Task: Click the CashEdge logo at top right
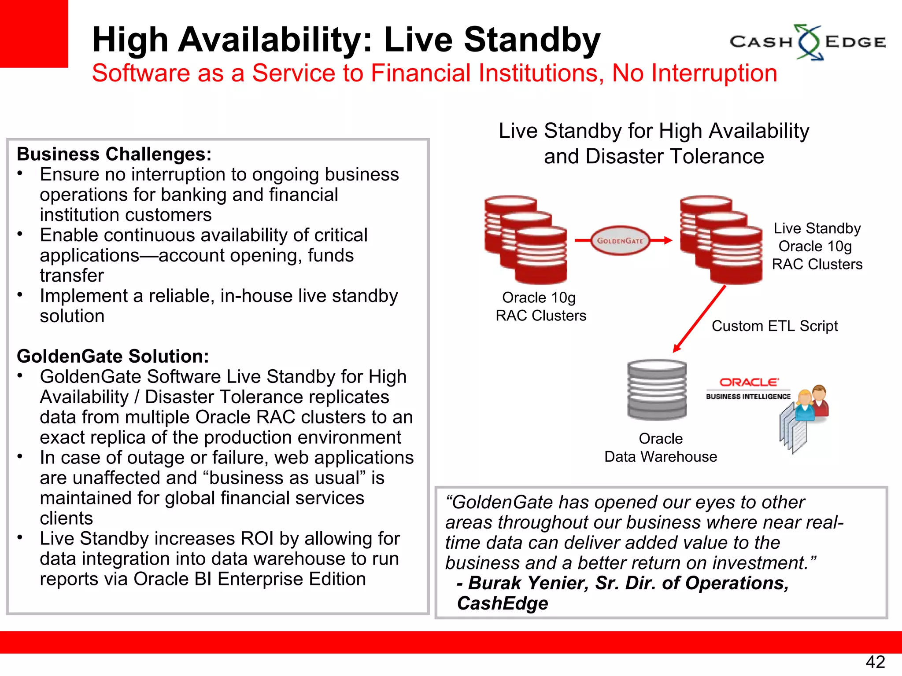[x=808, y=42]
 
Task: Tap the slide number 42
[x=875, y=662]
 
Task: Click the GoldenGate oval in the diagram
[x=620, y=240]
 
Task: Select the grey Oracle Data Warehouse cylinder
[x=657, y=389]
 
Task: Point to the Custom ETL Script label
[x=774, y=326]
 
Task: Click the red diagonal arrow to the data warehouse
[x=699, y=319]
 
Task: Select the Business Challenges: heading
[x=114, y=154]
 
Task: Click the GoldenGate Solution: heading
[x=113, y=356]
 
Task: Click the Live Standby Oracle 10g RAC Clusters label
[x=817, y=246]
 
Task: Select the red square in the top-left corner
[x=33, y=33]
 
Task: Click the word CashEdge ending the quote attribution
[x=503, y=603]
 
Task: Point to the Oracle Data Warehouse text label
[x=660, y=448]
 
